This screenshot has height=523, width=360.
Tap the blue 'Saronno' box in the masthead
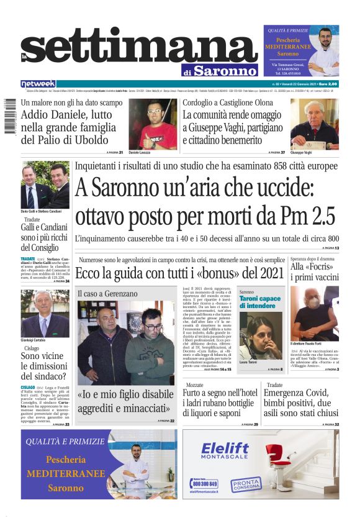click(x=224, y=70)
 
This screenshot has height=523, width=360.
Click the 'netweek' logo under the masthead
click(x=38, y=84)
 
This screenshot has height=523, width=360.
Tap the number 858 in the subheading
click(x=255, y=167)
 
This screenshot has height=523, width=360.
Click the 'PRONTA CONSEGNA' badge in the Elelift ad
click(x=246, y=484)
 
